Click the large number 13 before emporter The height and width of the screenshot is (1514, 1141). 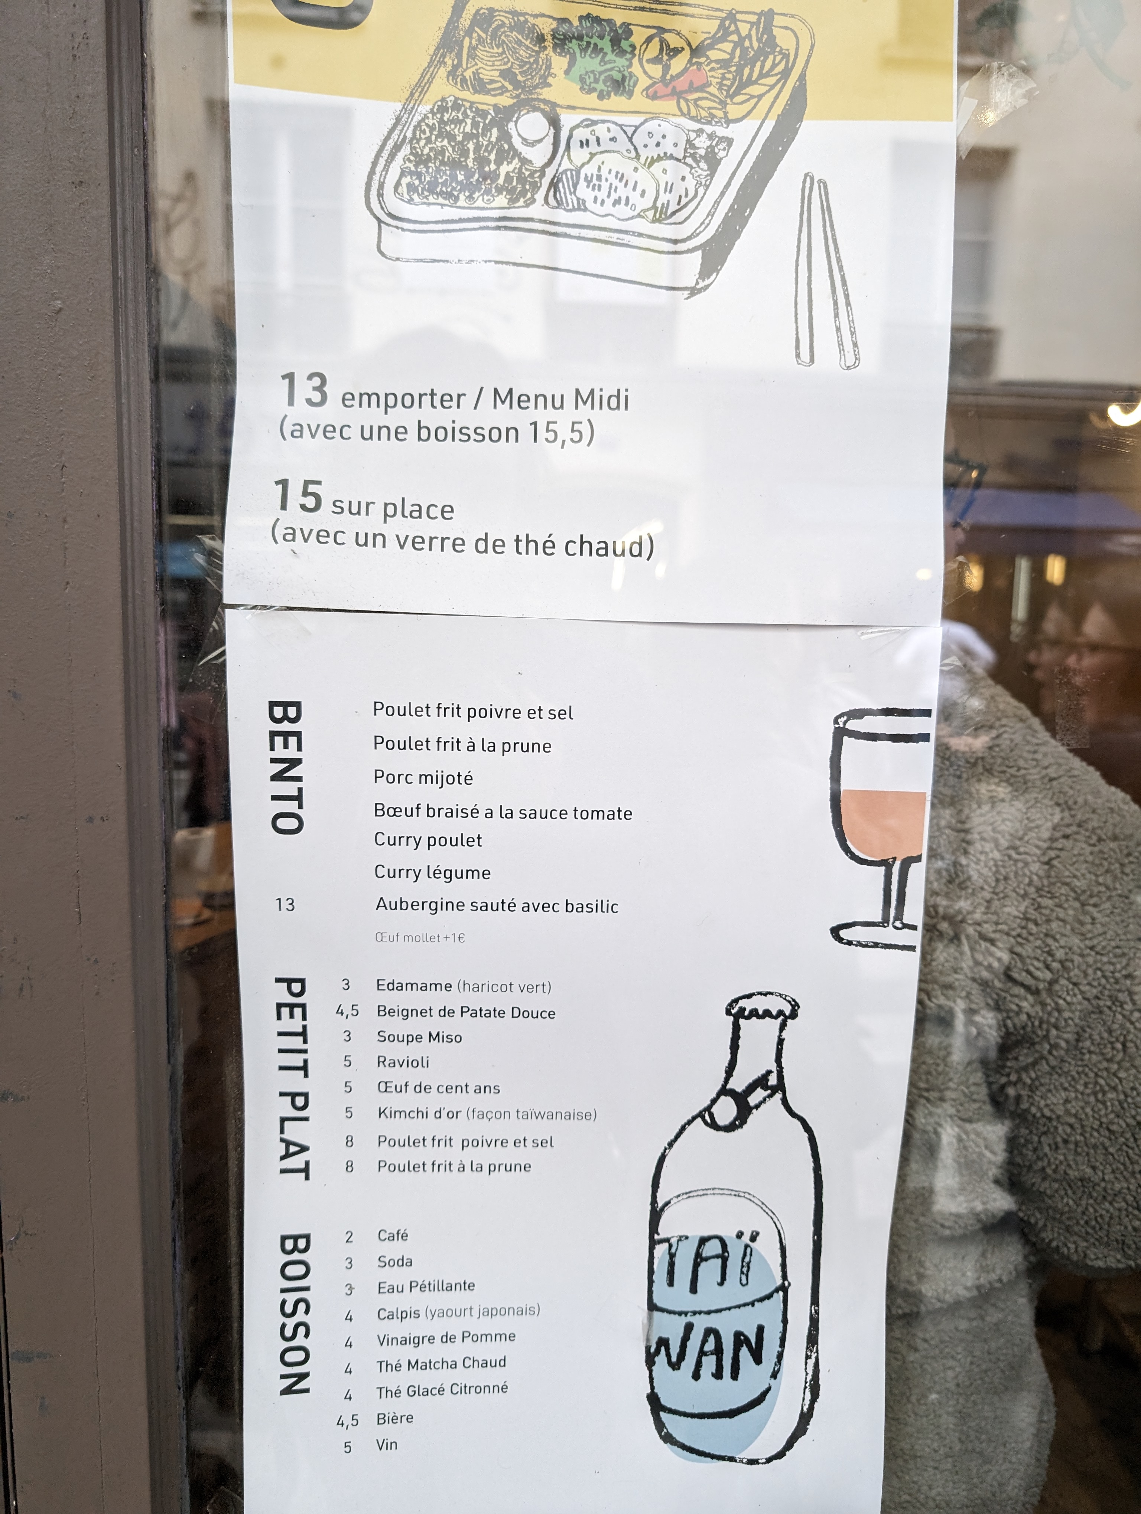click(x=304, y=391)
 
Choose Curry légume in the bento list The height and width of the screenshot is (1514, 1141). click(x=432, y=872)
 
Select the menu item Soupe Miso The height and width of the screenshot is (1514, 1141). click(x=419, y=1037)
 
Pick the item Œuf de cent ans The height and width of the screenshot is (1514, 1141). click(x=438, y=1088)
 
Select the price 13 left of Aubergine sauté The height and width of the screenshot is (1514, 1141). click(x=285, y=905)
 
